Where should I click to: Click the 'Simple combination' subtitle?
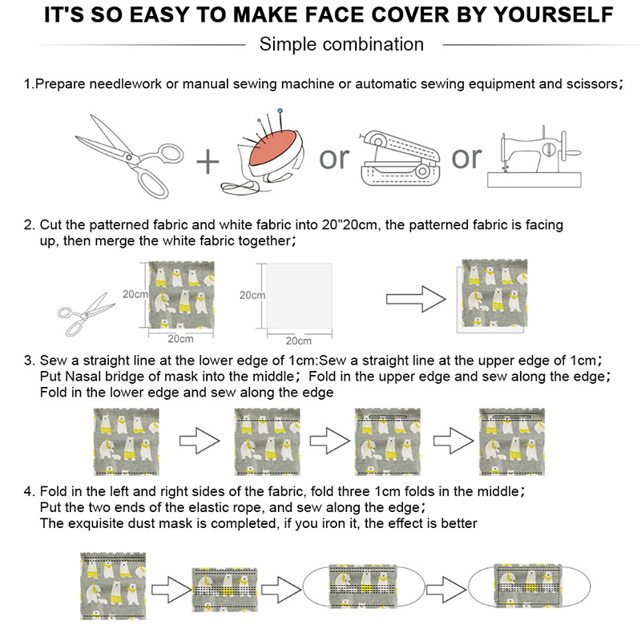click(x=341, y=44)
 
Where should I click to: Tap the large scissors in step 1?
click(x=130, y=157)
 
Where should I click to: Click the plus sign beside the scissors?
click(x=208, y=162)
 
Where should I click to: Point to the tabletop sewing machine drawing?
click(x=534, y=157)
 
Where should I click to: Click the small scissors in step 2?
click(x=87, y=314)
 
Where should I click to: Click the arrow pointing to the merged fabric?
click(x=416, y=299)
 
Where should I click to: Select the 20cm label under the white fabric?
click(x=298, y=341)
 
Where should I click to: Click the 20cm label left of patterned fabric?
click(x=135, y=294)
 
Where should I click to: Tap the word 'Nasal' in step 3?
click(x=83, y=376)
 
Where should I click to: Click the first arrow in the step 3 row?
click(x=200, y=441)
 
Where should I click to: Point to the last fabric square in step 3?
click(x=512, y=442)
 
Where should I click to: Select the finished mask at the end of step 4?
click(x=530, y=586)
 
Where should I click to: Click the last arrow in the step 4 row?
click(x=446, y=590)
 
